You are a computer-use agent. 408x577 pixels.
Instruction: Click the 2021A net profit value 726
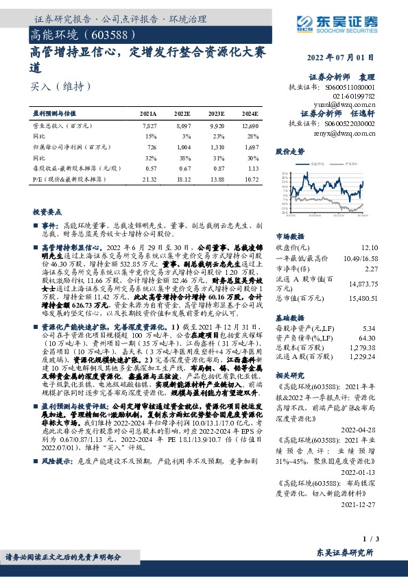click(x=151, y=147)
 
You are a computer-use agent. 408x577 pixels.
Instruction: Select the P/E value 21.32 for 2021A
click(x=148, y=178)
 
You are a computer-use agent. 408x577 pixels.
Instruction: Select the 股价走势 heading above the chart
click(x=289, y=150)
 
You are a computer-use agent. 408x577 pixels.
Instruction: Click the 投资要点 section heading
click(x=47, y=213)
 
